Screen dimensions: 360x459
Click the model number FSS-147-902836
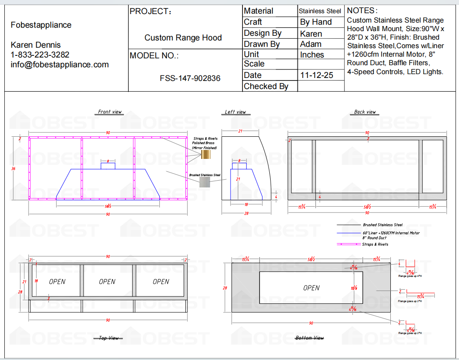coord(190,78)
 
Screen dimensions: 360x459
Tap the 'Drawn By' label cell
coord(262,44)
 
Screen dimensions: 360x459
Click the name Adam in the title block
coord(311,44)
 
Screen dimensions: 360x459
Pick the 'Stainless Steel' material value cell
coord(320,11)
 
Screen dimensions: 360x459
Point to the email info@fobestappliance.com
coord(60,65)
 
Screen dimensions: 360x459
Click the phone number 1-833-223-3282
coord(40,55)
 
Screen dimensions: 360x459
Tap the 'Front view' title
coord(110,112)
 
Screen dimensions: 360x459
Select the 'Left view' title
coord(236,112)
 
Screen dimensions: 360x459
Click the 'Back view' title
coord(365,112)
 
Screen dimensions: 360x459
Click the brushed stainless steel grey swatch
coord(205,182)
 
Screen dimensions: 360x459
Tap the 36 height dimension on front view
coord(13,169)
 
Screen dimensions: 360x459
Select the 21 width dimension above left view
coord(240,131)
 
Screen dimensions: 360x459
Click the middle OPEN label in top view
coord(107,282)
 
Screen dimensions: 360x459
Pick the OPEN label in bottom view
coord(311,288)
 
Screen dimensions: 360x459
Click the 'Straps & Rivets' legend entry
coord(375,244)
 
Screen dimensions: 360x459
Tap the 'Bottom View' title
coord(309,338)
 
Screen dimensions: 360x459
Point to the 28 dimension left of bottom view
coord(225,288)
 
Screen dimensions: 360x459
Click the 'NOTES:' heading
coord(362,11)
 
